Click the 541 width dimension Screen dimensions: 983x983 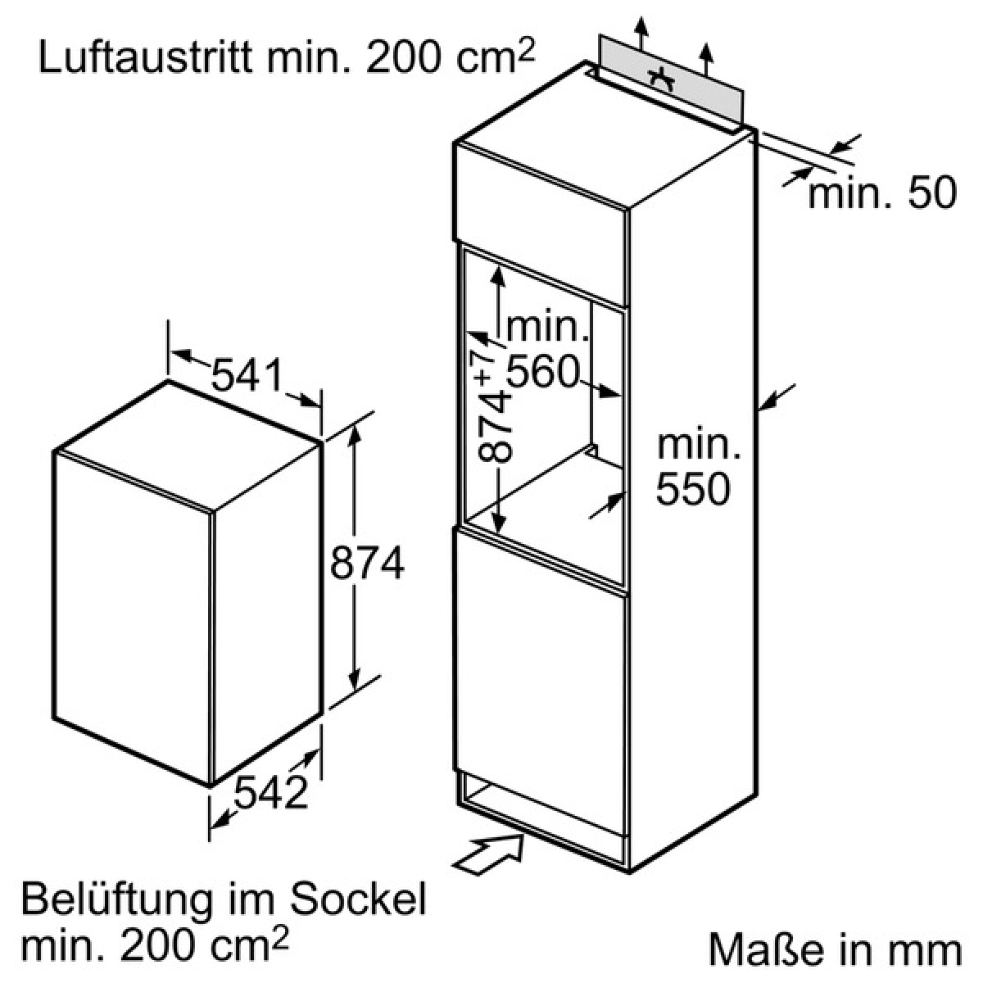coord(246,376)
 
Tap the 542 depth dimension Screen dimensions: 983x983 coord(271,791)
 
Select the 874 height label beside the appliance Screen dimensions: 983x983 coord(368,563)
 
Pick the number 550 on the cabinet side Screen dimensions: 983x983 coord(692,489)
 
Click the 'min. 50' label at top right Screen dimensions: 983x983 coord(881,194)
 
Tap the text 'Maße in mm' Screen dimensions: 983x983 coord(834,950)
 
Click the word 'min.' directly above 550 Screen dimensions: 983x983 coord(698,446)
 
